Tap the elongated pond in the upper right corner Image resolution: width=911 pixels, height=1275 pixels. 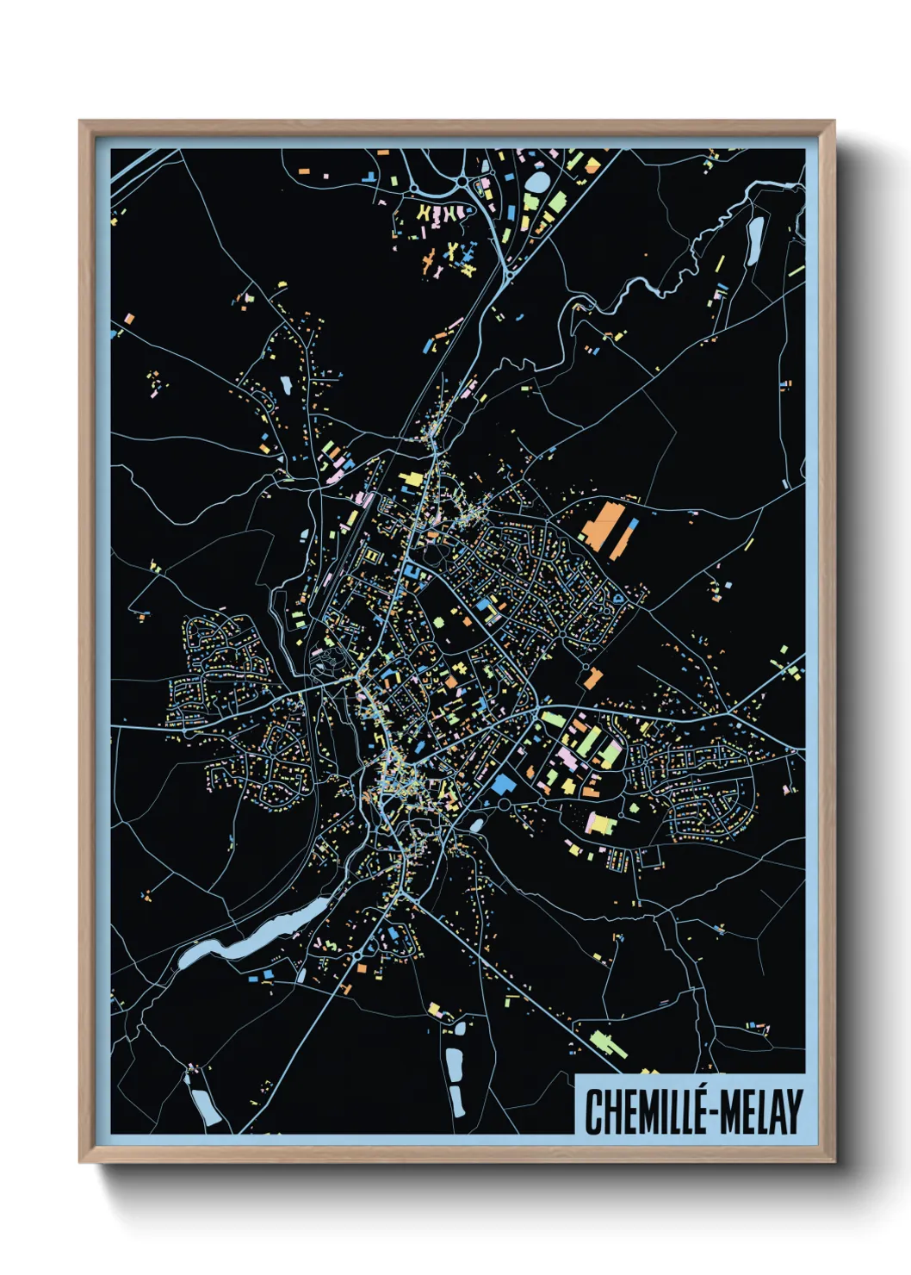point(754,240)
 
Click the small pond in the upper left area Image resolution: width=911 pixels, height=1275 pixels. point(285,384)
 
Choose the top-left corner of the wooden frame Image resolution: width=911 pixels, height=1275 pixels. point(82,123)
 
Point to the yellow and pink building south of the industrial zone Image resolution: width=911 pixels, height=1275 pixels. point(600,823)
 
